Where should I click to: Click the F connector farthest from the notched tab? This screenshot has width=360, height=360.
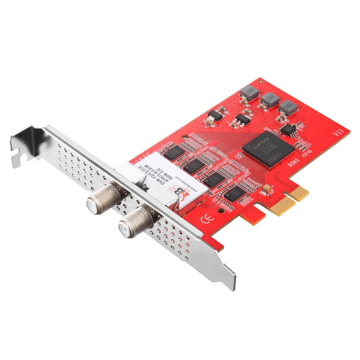click(134, 220)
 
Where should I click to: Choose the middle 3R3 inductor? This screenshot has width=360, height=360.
click(269, 99)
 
